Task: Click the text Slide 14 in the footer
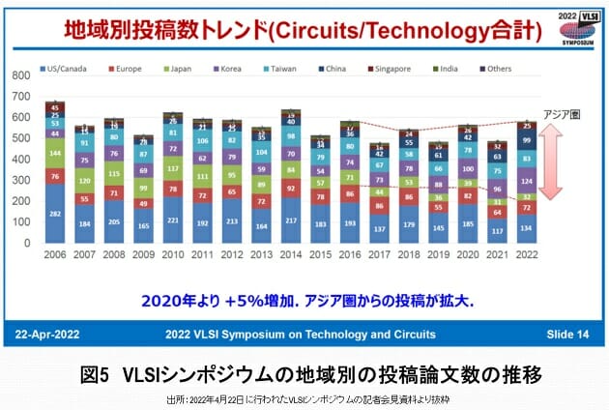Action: pyautogui.click(x=566, y=334)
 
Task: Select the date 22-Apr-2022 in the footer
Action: pyautogui.click(x=54, y=334)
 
